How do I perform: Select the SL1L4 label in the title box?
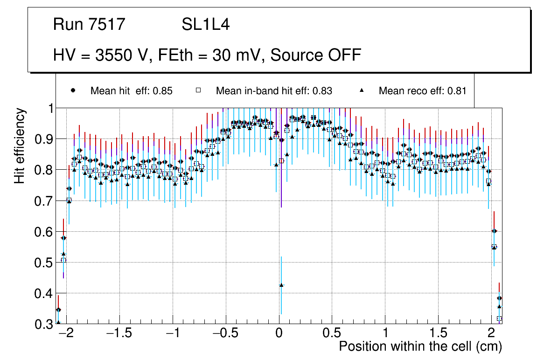point(205,25)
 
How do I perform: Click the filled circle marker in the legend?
point(73,90)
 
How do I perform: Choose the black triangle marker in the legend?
point(363,90)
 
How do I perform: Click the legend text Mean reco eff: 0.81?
point(422,91)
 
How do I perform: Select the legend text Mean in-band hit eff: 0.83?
point(274,91)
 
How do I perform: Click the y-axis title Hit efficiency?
point(20,145)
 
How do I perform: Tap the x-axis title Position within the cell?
point(420,346)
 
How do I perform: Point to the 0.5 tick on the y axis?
point(44,263)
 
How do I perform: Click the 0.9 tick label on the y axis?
point(44,139)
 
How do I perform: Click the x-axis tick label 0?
point(279,334)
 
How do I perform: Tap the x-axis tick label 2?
point(491,334)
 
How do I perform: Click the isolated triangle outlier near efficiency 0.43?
point(281,285)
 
